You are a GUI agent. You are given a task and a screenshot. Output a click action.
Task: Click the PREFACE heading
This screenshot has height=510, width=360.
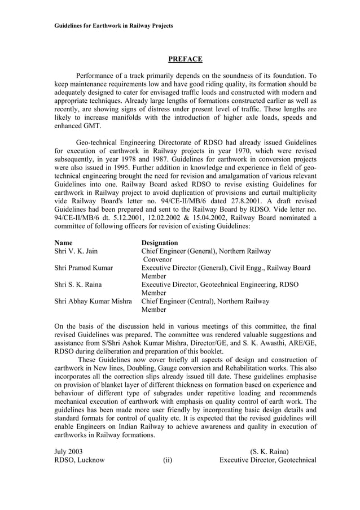[x=185, y=59]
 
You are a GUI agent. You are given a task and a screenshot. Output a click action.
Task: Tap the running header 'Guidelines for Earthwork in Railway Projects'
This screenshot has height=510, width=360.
[x=113, y=25]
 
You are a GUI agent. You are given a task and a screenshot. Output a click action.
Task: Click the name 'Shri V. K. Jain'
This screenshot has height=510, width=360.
[x=76, y=251]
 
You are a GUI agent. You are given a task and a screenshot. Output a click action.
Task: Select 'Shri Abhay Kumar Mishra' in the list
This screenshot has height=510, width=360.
[x=93, y=301]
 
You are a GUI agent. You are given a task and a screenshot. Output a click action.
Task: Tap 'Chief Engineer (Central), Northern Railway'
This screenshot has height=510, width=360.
[x=205, y=301]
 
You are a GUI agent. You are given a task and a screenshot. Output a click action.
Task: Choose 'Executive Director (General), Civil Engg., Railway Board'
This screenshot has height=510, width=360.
[x=226, y=268]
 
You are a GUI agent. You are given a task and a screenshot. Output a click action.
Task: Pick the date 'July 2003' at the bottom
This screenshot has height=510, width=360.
[x=68, y=451]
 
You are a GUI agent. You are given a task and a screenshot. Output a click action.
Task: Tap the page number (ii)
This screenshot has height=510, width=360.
[x=168, y=460]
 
